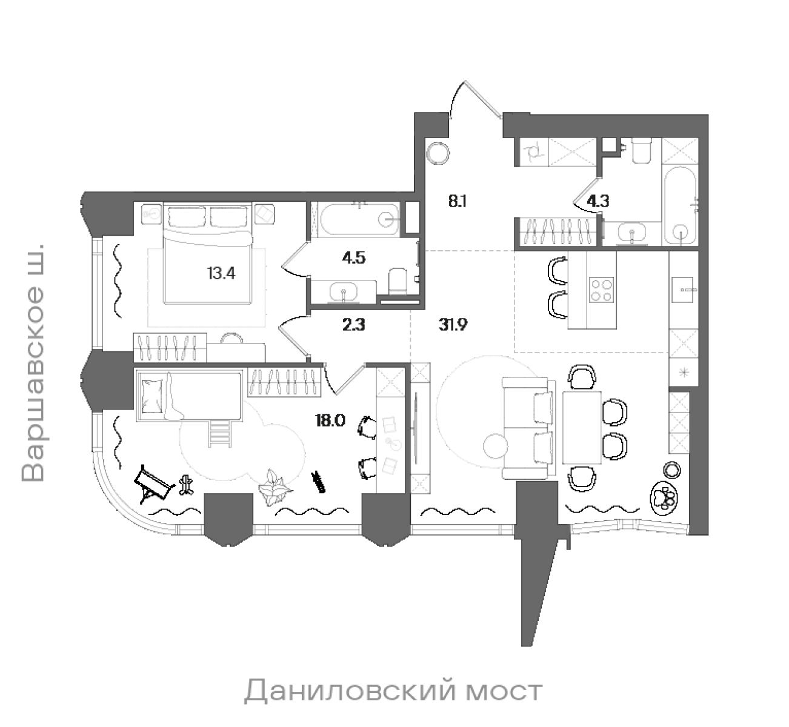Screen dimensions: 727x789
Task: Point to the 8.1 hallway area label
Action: [457, 201]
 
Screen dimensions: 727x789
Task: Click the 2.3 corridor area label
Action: [354, 325]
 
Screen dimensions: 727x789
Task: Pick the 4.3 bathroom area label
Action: [598, 202]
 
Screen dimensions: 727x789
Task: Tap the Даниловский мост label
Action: [393, 691]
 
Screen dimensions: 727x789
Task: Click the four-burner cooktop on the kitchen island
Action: [602, 290]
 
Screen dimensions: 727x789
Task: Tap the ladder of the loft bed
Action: [219, 433]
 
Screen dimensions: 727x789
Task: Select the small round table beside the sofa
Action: [496, 446]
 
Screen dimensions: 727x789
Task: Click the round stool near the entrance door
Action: [438, 152]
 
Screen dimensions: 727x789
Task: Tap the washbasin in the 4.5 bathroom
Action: [344, 293]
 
